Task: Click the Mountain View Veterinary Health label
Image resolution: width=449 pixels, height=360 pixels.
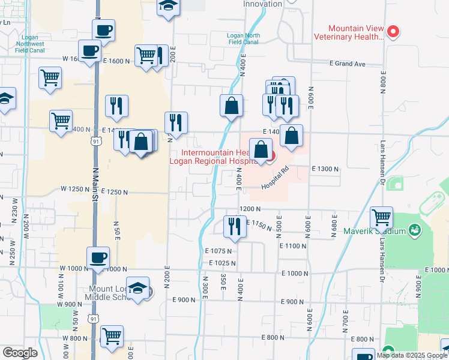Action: (349, 32)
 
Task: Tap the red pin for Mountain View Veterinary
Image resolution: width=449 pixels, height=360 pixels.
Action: (394, 31)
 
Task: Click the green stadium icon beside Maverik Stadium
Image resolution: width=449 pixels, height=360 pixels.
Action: (414, 230)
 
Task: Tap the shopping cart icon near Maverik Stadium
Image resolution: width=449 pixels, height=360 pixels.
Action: (382, 217)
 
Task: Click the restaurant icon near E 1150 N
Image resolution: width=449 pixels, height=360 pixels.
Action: (235, 227)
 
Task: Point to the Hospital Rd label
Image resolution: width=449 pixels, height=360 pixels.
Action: (276, 179)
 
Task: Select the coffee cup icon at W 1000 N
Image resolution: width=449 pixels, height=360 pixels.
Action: (98, 258)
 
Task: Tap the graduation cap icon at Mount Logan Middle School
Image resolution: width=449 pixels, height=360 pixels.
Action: (137, 288)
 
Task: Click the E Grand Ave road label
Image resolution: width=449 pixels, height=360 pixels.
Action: (348, 64)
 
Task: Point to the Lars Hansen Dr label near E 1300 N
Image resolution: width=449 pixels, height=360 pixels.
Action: (382, 162)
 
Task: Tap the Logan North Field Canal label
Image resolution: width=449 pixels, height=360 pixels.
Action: (244, 38)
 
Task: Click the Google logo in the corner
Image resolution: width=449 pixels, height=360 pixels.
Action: (20, 353)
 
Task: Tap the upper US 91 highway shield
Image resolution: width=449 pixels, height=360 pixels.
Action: (95, 141)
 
